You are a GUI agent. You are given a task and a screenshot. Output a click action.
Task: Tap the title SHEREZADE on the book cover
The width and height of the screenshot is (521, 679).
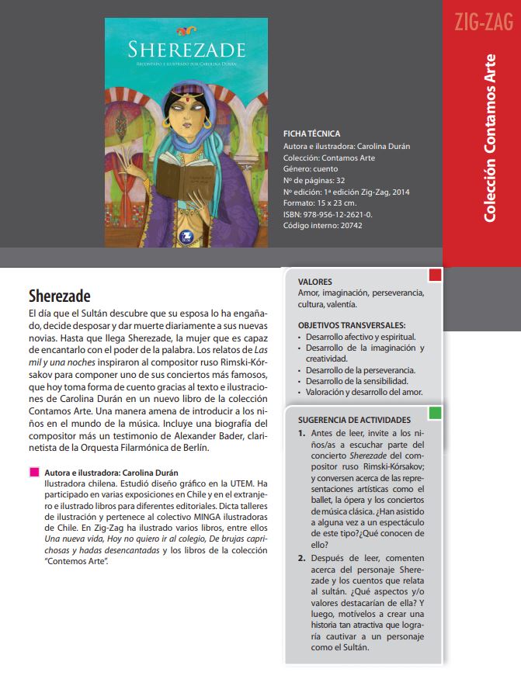186,50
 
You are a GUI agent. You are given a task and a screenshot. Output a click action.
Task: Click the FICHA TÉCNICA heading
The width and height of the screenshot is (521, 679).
311,134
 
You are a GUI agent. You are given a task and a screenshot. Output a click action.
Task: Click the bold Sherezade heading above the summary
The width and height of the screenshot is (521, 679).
60,296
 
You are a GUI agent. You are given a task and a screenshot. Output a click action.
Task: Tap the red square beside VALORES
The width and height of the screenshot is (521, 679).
435,275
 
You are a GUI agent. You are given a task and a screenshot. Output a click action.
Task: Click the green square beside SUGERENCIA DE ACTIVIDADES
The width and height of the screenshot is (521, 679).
435,412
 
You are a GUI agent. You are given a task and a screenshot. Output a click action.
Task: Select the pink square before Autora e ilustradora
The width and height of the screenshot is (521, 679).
33,472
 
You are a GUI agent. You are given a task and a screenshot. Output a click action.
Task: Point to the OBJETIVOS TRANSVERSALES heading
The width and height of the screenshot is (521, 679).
352,325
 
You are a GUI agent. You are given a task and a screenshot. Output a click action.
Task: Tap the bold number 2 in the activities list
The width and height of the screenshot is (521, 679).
303,558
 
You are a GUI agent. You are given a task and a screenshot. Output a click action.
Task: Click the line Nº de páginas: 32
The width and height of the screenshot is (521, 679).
315,180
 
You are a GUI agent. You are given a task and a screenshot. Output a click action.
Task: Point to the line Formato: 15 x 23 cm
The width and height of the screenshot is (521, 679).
325,203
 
